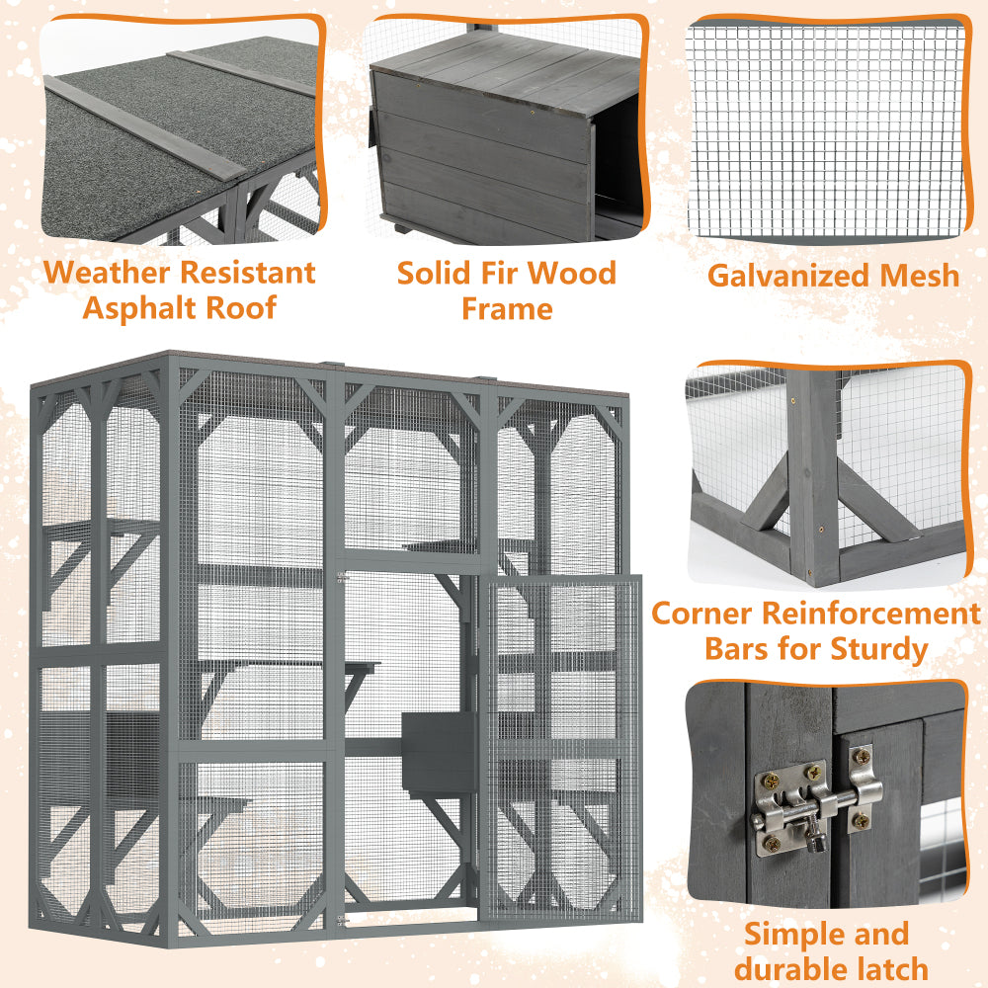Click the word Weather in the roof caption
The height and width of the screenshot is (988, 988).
(103, 273)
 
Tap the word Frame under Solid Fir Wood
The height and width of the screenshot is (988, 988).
(506, 308)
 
